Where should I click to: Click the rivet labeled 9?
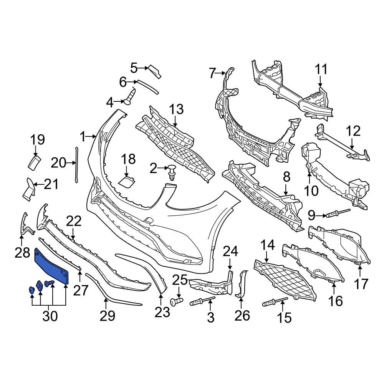(338, 212)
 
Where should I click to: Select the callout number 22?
(74, 221)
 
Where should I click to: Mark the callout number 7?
(212, 73)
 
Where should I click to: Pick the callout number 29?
(107, 316)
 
